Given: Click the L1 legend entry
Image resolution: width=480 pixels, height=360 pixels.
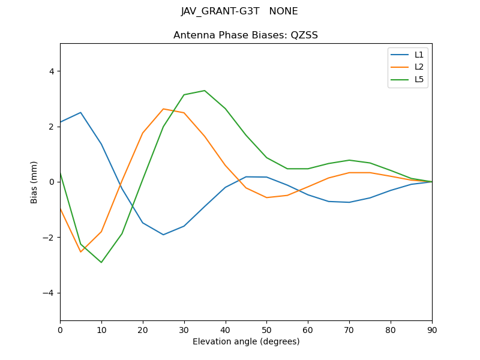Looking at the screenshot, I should coord(419,55).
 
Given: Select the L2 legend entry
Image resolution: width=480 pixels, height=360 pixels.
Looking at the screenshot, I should coord(419,67).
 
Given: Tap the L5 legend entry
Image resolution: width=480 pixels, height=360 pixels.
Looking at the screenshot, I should coord(419,79).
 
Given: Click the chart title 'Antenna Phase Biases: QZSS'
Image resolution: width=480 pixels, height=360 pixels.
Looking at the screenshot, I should coord(245,35).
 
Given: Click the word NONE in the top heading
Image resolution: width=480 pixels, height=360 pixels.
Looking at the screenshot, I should coord(284,11).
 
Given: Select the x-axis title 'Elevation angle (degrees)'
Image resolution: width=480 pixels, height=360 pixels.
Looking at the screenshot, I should coord(245,342).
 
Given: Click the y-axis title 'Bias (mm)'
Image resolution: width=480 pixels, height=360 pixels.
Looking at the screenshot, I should coord(35,182).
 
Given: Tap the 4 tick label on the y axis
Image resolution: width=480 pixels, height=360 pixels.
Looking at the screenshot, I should coord(51,71).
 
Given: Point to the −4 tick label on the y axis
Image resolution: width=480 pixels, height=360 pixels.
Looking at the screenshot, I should coord(49,293).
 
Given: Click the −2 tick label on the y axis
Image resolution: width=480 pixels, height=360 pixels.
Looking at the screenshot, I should coord(49,238).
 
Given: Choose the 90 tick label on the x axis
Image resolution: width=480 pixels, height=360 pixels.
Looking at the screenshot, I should coord(432,329).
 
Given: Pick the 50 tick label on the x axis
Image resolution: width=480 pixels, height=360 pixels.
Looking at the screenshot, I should coord(266,329).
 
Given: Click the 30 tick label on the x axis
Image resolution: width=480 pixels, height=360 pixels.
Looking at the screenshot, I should coord(184,329).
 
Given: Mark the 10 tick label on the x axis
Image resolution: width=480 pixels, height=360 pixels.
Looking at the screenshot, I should coord(101,329).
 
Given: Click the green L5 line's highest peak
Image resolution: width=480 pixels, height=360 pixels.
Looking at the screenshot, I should coord(205,91).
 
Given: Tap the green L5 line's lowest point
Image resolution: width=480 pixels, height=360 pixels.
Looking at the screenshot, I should coord(101,262).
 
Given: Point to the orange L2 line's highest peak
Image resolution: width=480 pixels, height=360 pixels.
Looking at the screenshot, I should coord(163,109).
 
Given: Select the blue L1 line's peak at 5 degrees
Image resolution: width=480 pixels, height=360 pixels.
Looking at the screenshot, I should coord(80,112).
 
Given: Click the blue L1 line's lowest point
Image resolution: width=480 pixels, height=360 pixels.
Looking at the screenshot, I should coord(163,235).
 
